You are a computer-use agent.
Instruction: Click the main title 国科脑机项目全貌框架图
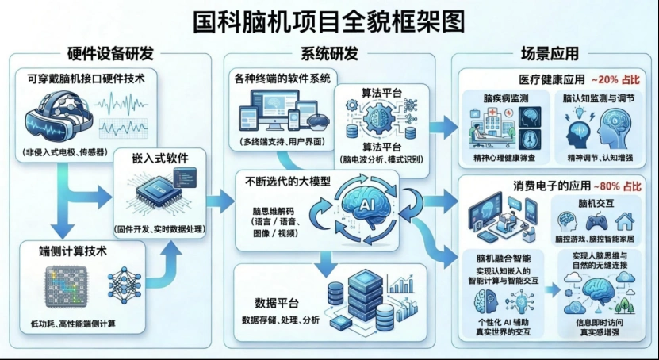point(328,22)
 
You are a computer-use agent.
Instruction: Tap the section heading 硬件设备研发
point(110,53)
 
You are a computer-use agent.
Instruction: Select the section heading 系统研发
point(329,53)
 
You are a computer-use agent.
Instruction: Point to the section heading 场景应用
point(550,53)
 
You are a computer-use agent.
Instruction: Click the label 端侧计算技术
point(73,251)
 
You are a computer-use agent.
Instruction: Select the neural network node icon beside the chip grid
point(125,285)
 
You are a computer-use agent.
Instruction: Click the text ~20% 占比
point(615,79)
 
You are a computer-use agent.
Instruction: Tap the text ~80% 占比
point(617,186)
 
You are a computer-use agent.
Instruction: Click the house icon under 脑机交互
point(624,221)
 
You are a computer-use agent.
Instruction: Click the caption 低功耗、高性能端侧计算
point(73,324)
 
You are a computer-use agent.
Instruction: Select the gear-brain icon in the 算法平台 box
point(381,117)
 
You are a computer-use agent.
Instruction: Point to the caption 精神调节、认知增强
point(600,158)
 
